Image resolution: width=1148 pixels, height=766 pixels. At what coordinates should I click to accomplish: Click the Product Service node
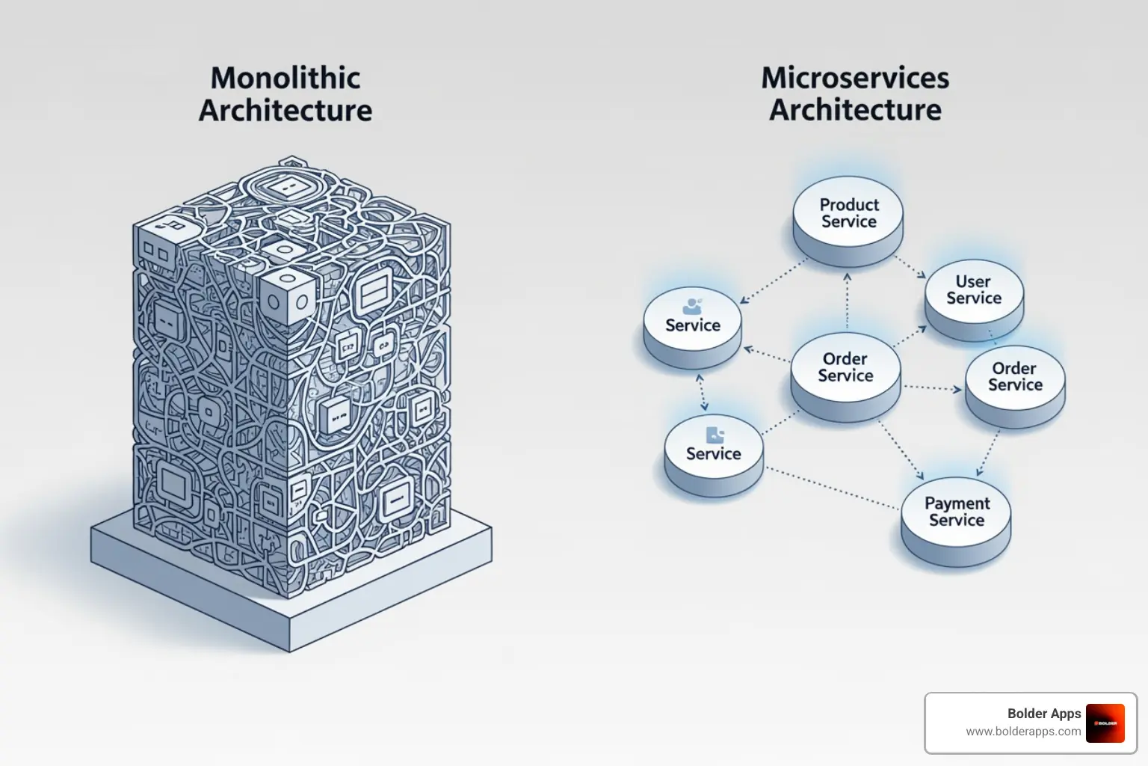pos(848,213)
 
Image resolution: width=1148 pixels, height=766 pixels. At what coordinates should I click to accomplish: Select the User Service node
pos(974,290)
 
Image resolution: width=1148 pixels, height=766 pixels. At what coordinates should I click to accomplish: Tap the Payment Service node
pos(956,512)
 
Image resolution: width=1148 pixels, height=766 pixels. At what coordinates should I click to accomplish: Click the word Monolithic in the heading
pos(286,78)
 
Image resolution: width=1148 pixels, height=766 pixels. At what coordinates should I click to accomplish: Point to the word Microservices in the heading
pos(855,78)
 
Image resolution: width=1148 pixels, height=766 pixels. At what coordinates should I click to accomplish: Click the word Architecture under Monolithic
pos(286,111)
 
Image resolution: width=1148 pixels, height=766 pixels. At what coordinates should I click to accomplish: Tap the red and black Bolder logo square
pos(1105,723)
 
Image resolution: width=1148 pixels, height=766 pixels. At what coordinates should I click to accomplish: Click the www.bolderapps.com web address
pos(1023,732)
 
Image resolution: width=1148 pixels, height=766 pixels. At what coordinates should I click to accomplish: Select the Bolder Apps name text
pos(1044,714)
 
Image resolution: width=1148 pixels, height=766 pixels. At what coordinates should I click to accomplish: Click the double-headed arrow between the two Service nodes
pos(702,393)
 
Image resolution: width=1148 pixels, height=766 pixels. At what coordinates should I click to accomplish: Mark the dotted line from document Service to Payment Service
pos(832,489)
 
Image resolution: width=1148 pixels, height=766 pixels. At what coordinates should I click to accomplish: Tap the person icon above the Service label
pos(693,306)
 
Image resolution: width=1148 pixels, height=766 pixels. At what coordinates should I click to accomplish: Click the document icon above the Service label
pos(715,435)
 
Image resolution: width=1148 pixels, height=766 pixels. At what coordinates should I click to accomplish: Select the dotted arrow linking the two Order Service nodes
pos(932,388)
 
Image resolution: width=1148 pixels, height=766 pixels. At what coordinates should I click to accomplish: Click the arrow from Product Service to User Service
pos(911,267)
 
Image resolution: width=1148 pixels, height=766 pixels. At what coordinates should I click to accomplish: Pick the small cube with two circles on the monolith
pos(287,299)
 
